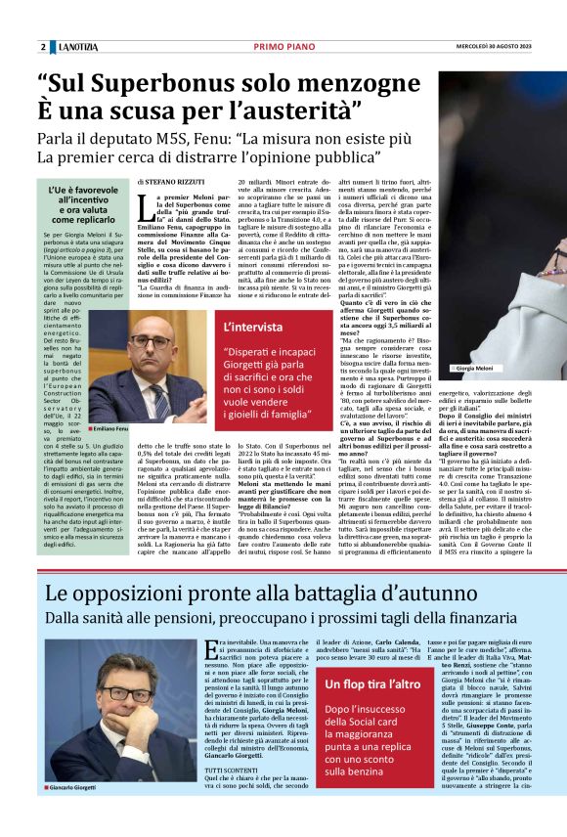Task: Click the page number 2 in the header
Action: click(x=43, y=47)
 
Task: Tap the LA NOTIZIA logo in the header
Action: click(x=78, y=47)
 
